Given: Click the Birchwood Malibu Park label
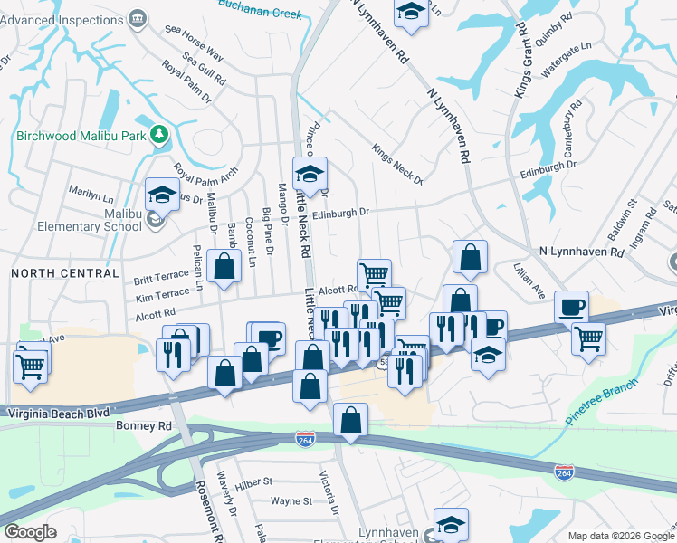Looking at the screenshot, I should coord(81,136).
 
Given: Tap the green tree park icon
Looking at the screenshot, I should coord(159,135).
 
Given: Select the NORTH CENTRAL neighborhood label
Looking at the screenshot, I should coord(65,272).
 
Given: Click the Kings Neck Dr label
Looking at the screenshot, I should coord(397,164).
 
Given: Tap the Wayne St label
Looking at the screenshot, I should coord(291,500).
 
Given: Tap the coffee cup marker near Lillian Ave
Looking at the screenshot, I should coord(571,308).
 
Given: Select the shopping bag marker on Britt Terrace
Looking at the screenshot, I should coord(224,267).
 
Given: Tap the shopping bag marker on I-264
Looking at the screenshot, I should coord(350,420).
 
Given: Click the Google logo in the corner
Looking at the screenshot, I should coord(31,532).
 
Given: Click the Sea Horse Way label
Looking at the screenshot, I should coord(195,44).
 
